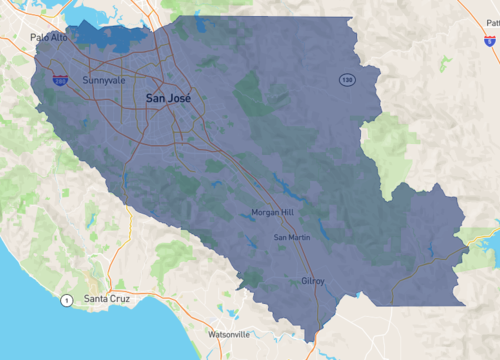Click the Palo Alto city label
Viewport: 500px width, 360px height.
[48, 37]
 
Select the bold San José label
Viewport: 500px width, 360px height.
[168, 98]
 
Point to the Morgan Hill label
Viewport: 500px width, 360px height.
[273, 212]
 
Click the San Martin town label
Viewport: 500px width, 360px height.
[293, 237]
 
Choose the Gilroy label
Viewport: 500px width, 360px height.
[313, 281]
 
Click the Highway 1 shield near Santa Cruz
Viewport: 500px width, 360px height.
[66, 300]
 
